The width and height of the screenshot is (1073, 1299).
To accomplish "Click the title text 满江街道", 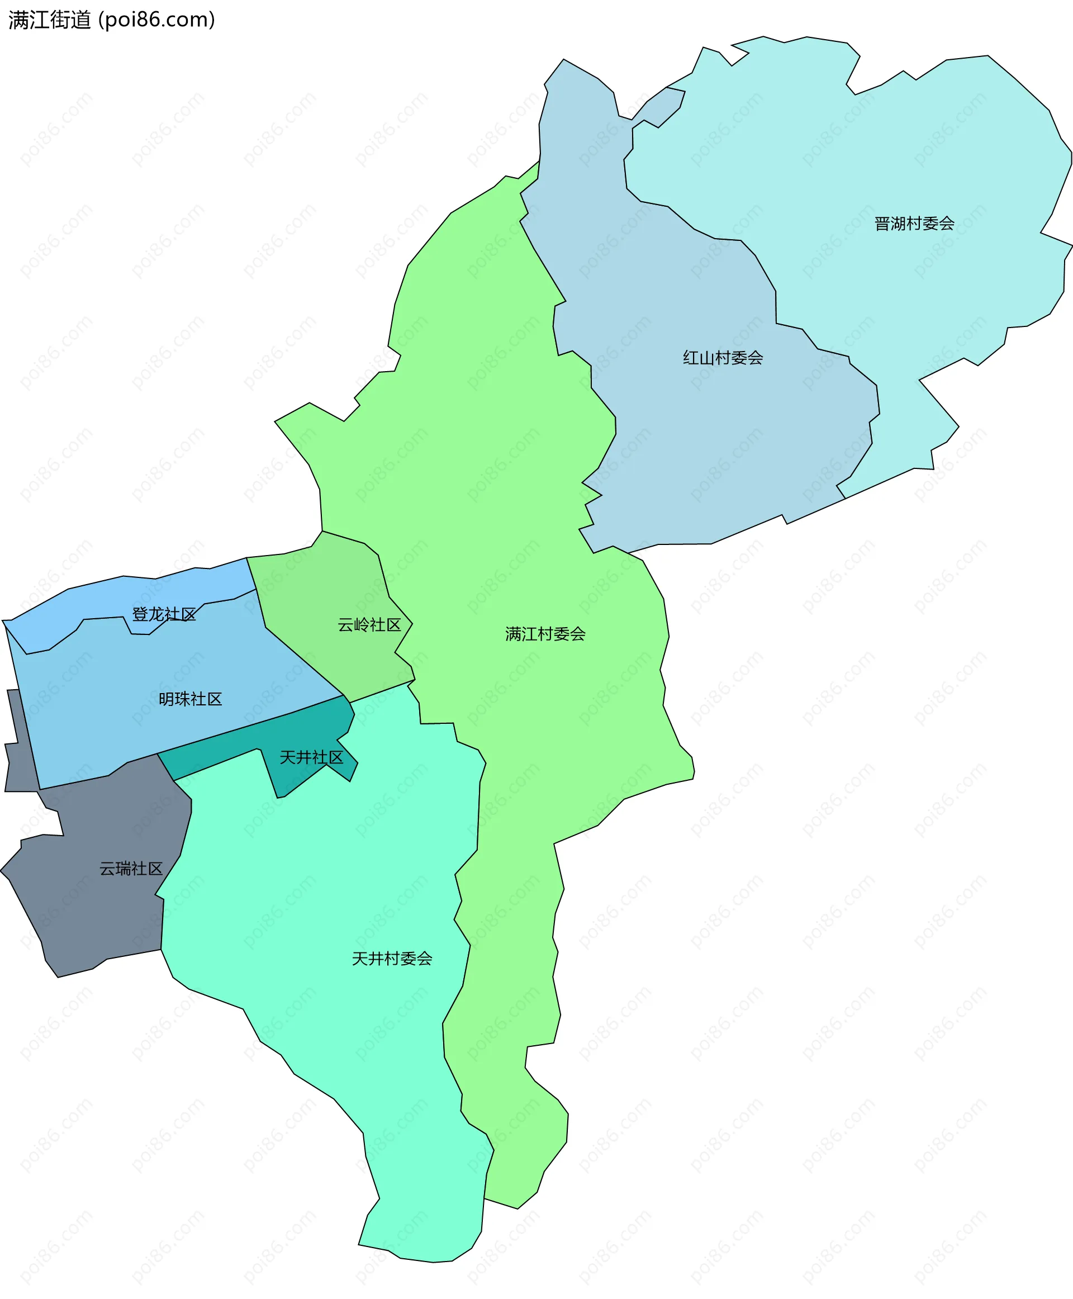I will point(49,20).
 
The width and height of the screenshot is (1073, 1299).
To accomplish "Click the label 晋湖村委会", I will point(914,224).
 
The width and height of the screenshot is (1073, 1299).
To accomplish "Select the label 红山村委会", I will point(723,358).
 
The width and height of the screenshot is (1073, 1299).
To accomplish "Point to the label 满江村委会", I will point(545,634).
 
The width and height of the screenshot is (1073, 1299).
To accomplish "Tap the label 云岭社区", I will point(369,625).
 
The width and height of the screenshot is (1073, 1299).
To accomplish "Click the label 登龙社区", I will point(164,614).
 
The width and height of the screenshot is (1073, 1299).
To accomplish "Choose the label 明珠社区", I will point(191,699).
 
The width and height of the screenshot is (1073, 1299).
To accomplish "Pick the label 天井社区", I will point(311,757).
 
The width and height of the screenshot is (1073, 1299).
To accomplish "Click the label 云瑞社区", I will point(131,869).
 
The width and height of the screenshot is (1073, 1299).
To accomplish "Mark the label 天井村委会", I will point(392,959).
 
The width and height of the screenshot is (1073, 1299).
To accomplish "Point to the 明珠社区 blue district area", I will point(124,729).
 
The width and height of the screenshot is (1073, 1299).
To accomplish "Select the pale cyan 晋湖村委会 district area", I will point(927,155).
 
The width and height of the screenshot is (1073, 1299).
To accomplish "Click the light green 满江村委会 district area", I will point(495,433).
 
